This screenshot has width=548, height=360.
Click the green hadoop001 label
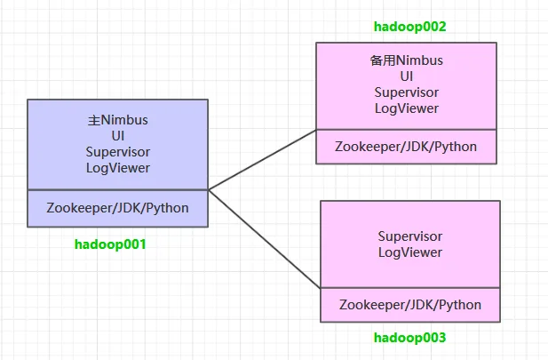110,244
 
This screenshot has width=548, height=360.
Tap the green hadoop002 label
410,27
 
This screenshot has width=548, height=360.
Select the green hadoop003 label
410,338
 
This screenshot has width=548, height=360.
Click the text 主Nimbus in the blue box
118,120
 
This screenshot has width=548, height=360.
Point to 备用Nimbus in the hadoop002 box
407,60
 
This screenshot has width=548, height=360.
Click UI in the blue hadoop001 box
118,136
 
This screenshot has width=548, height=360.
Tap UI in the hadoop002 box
407,76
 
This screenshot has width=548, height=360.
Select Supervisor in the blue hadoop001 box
118,152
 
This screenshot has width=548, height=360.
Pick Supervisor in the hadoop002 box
407,92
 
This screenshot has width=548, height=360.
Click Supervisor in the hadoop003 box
410,236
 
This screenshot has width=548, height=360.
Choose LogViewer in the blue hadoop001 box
118,168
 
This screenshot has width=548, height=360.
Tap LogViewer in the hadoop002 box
407,108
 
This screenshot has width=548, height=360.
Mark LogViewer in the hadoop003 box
410,252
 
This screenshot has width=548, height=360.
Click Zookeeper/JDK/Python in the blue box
117,208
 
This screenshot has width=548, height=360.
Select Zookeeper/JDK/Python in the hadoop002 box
406,147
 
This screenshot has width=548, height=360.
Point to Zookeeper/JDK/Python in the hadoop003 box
410,305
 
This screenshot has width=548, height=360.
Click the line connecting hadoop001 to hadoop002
262,160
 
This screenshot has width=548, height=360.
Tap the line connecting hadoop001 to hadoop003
264,239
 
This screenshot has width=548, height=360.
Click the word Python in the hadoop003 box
459,305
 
